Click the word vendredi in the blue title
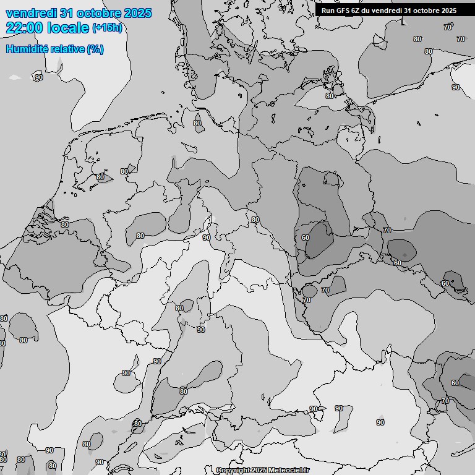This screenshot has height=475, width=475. coord(31,13)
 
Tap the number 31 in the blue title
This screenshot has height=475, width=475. coord(68,13)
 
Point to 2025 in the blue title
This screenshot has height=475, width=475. coord(138,13)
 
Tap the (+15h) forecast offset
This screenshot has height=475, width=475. coord(106,28)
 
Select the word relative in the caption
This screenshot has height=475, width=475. coord(67,49)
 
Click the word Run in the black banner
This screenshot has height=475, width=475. coord(328,11)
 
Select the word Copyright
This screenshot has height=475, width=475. coord(234,471)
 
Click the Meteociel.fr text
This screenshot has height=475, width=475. coord(289,471)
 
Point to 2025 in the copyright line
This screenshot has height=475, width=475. coord(260,471)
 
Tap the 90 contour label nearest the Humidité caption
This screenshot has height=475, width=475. coord(39,77)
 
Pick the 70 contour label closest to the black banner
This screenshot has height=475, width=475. coord(447,27)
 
